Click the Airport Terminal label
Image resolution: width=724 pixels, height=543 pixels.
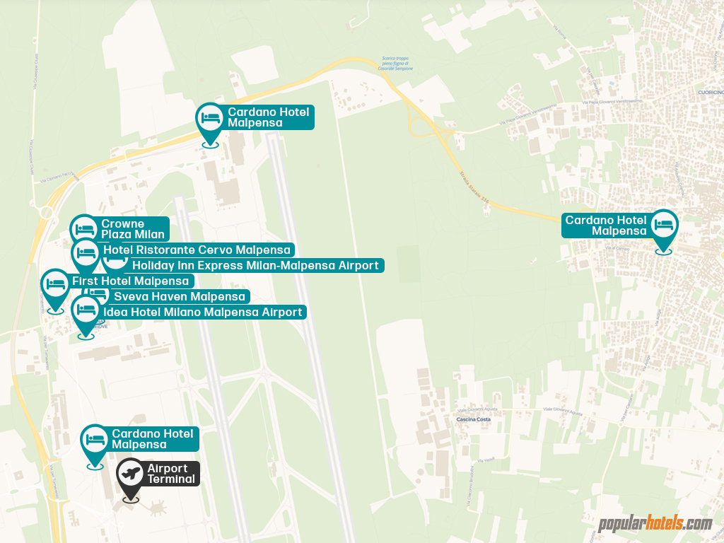click(170, 474)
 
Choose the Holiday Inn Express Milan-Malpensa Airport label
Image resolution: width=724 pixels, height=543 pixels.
click(255, 266)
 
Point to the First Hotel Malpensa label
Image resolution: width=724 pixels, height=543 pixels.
click(130, 281)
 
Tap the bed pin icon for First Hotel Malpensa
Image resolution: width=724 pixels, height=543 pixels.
click(55, 286)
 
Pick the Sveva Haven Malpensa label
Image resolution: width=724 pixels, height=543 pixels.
click(179, 296)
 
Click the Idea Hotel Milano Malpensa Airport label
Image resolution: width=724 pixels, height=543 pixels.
click(204, 312)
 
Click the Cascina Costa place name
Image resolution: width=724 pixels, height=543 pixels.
click(473, 419)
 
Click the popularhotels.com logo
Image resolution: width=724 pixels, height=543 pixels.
click(655, 524)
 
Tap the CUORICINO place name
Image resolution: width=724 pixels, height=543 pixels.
click(710, 93)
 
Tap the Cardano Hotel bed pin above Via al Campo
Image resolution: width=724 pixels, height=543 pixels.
click(664, 227)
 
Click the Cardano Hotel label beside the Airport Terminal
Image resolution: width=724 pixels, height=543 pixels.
click(152, 438)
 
